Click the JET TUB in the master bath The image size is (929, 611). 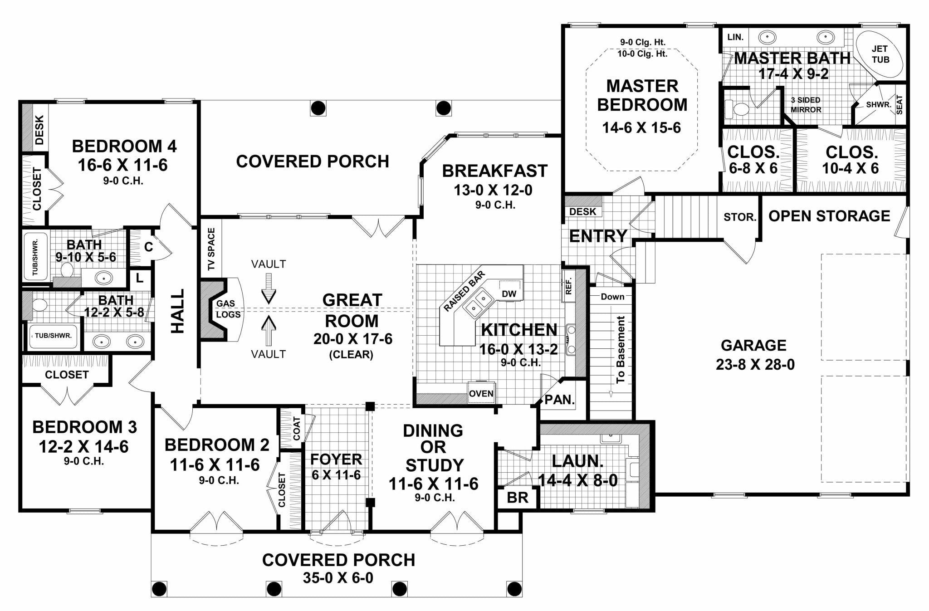pos(880,54)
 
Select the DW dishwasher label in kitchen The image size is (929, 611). pos(509,293)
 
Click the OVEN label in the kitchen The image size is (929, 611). pos(481,393)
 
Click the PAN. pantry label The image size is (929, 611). pos(559,400)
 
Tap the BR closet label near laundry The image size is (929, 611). pos(517,498)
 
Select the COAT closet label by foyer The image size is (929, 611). pos(296,428)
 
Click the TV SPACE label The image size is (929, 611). pos(211,249)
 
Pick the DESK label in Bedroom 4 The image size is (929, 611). pos(39,130)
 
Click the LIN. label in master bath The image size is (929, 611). pos(735,37)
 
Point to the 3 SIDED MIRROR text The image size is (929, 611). pos(806,105)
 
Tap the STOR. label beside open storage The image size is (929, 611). pos(740,217)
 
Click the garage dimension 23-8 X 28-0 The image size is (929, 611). pos(755,364)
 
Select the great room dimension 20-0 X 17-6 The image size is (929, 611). pos(352,339)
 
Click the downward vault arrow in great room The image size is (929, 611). pos(269,288)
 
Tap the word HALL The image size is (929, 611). pos(178,311)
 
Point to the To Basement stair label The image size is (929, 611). pos(621,349)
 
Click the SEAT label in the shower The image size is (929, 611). pos(899,105)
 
